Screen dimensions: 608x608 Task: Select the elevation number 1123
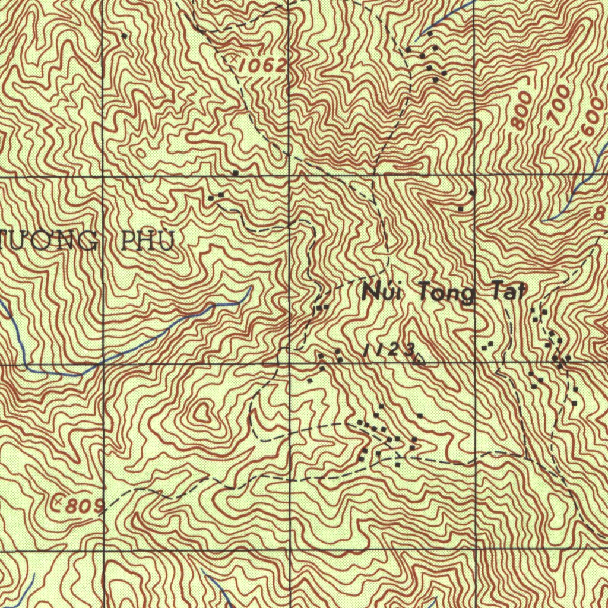click(389, 351)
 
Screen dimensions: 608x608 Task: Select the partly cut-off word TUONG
click(47, 241)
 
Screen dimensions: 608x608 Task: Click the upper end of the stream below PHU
click(250, 289)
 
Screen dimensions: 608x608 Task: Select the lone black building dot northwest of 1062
click(123, 36)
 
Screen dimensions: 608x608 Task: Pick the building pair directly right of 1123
click(488, 344)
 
